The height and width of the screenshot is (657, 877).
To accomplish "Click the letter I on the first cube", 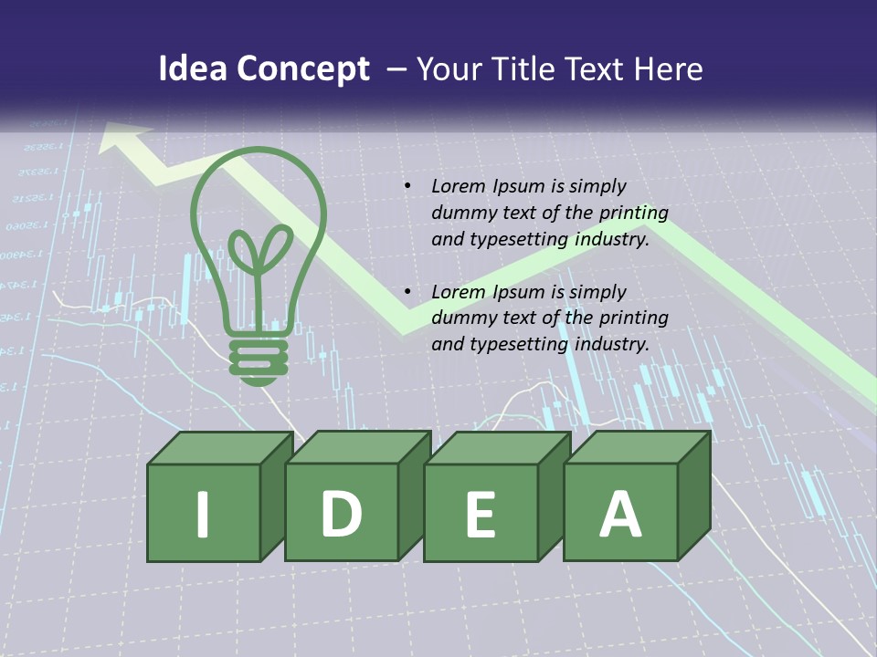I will [203, 513].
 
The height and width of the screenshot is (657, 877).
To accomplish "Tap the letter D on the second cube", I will [341, 513].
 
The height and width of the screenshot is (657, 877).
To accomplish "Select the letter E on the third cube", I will [480, 514].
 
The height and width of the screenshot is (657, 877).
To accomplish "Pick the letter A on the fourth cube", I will [619, 513].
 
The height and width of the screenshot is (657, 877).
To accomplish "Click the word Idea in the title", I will [192, 69].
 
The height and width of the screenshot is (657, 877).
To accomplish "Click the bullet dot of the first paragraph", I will [407, 186].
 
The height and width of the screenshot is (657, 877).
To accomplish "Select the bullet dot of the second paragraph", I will [407, 292].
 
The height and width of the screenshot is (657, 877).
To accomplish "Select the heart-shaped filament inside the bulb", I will [259, 251].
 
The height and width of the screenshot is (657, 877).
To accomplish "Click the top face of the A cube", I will [636, 447].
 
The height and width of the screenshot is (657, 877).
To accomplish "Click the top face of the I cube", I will [220, 448].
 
